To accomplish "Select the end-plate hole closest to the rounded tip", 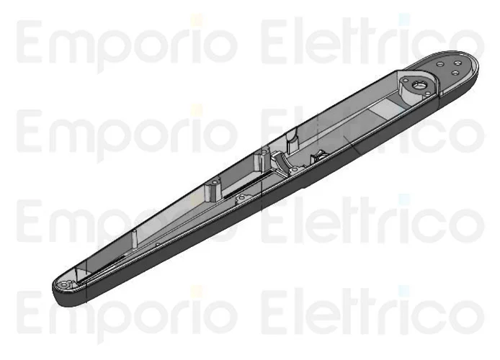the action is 457,63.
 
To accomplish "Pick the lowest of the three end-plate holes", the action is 455,73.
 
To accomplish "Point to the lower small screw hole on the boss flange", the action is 427,93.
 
